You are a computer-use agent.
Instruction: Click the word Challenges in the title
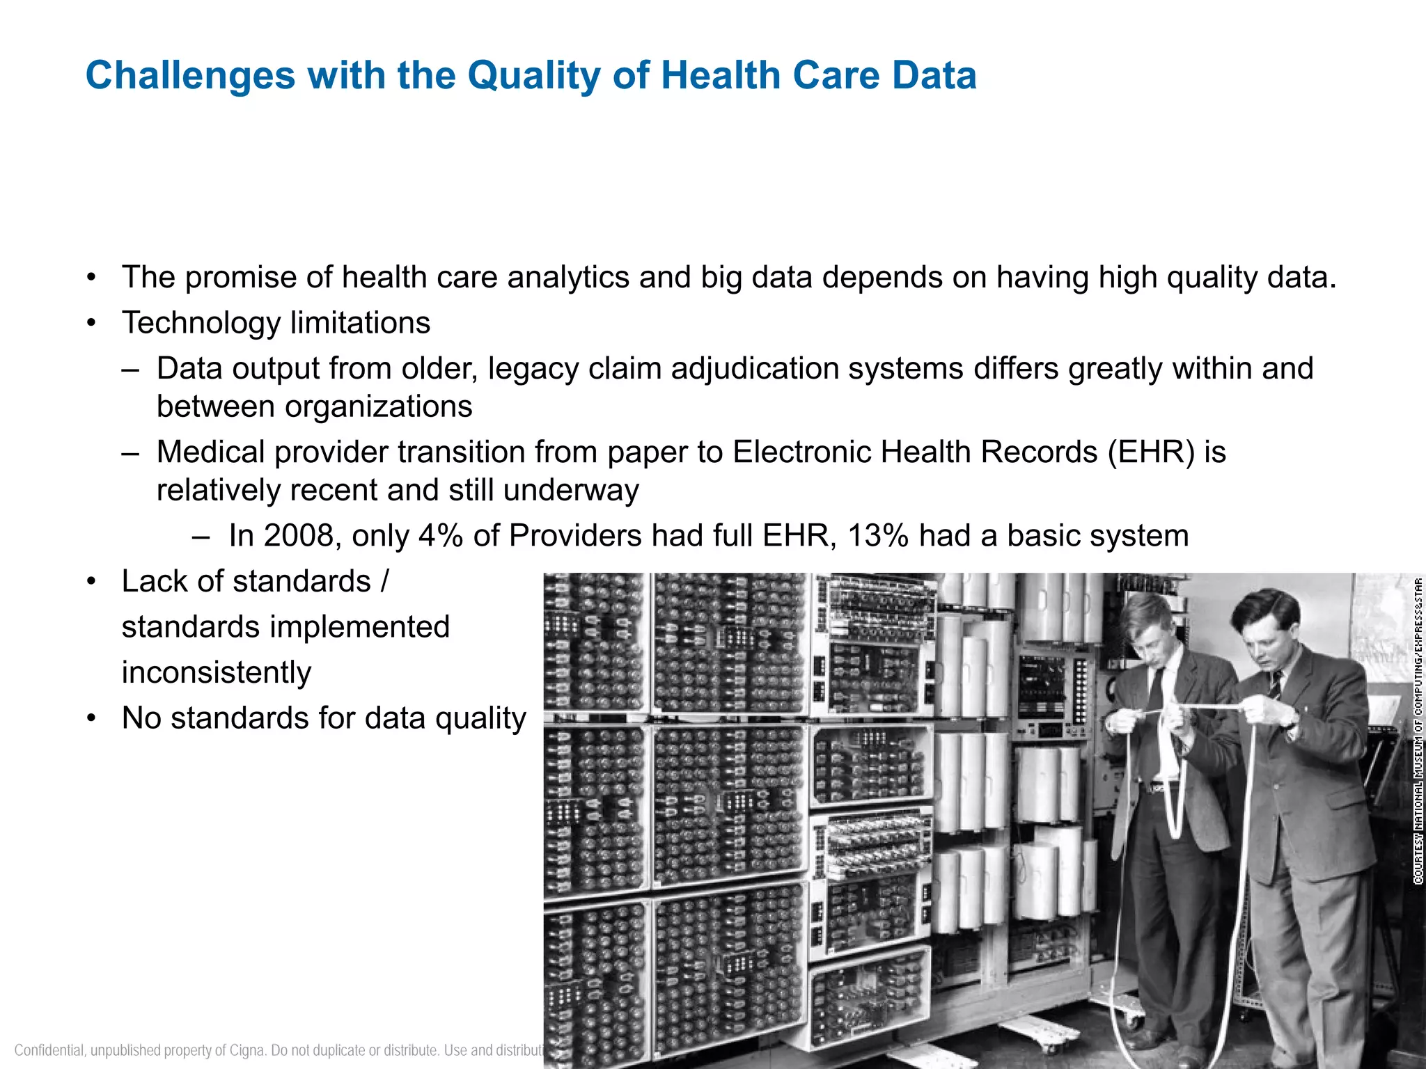click(190, 75)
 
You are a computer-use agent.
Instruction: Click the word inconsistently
click(217, 672)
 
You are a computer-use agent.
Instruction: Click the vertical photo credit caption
click(1418, 731)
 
